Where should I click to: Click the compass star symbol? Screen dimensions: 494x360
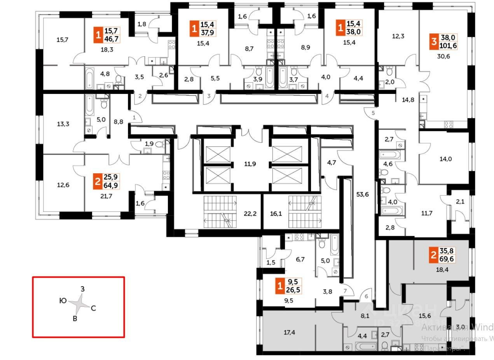81,304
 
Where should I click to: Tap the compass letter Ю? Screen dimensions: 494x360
62,300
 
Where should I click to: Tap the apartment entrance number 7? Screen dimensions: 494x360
344,291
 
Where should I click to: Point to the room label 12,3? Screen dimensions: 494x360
398,37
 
